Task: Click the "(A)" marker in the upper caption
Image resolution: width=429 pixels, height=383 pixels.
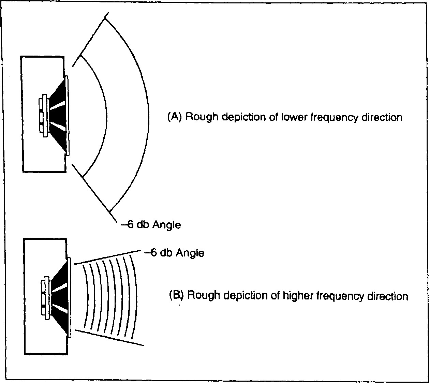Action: pyautogui.click(x=173, y=117)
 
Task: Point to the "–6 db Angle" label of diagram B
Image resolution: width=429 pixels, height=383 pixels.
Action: pyautogui.click(x=174, y=253)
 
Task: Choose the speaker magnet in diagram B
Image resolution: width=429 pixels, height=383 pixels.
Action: pyautogui.click(x=44, y=295)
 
